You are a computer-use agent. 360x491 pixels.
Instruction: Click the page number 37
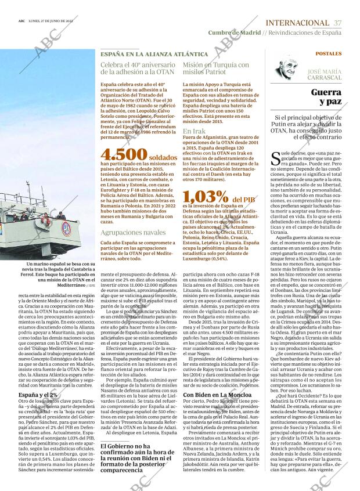coord(338,22)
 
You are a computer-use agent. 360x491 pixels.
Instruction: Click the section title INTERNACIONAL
coord(296,22)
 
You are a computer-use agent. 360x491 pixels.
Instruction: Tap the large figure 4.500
coord(123,154)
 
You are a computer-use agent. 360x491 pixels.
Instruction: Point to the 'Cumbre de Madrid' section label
coord(235,33)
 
